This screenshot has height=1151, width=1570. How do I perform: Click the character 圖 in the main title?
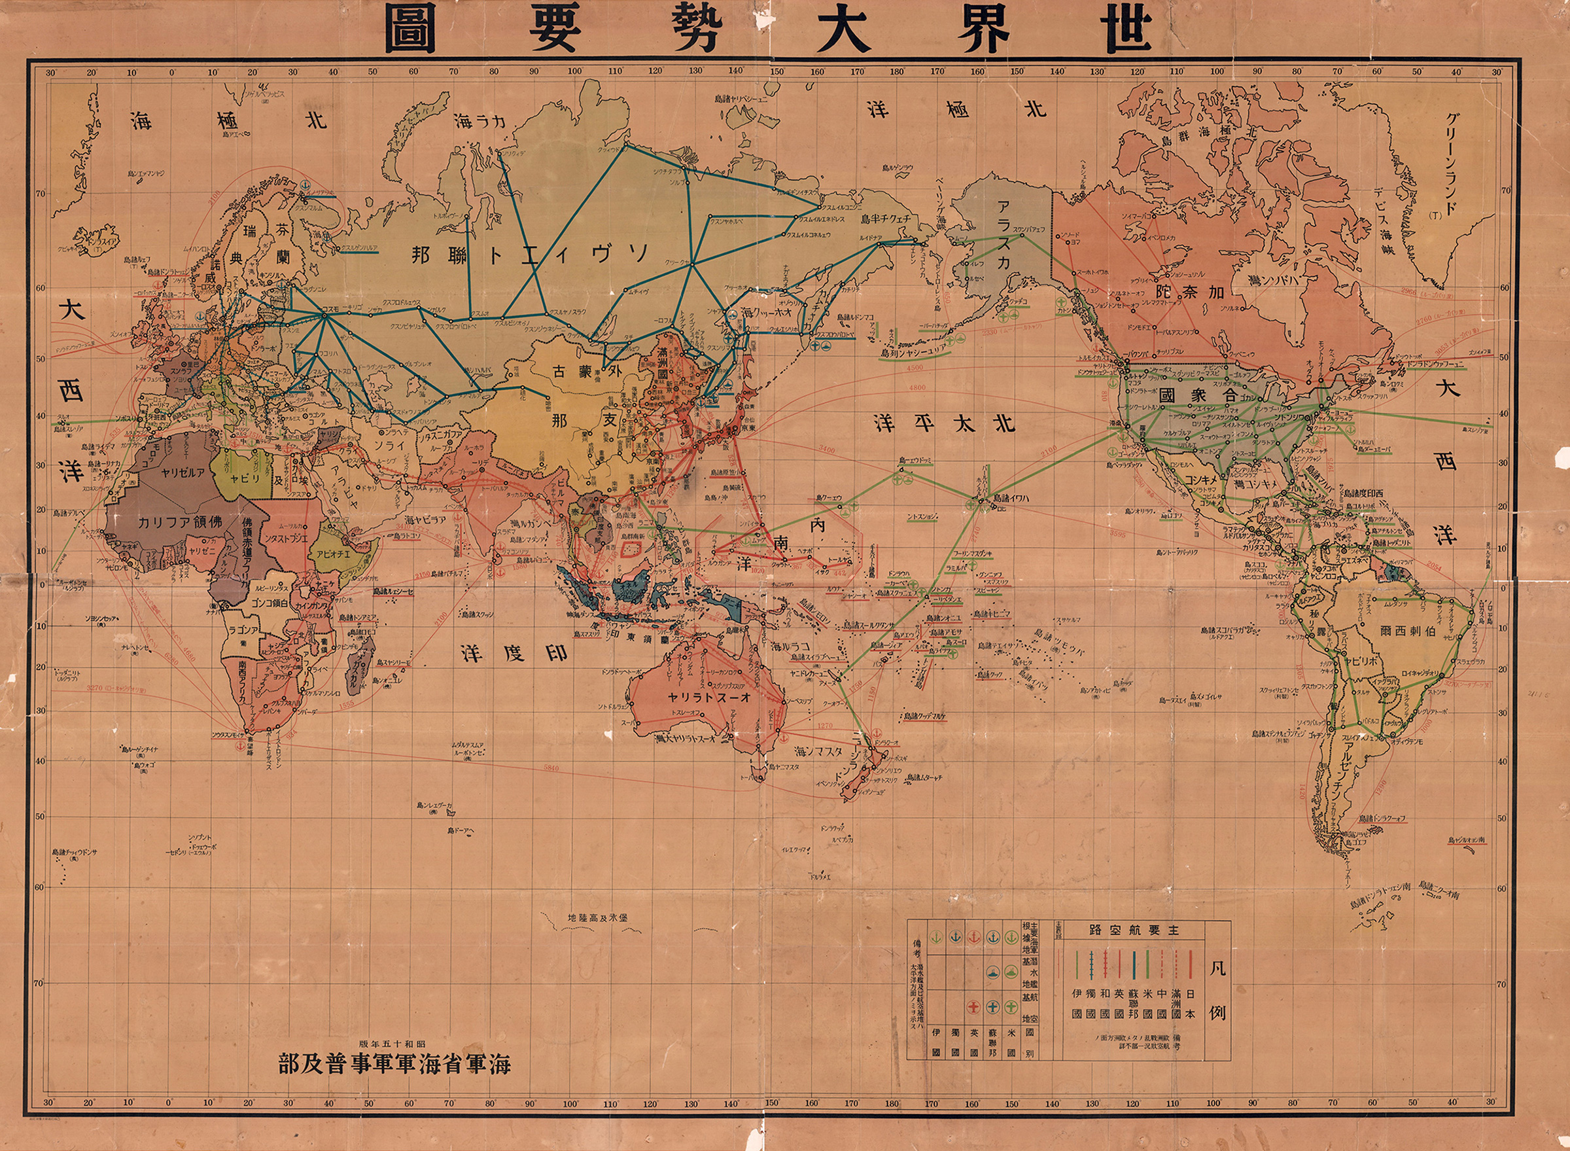410,31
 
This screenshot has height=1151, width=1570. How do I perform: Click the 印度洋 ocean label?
514,653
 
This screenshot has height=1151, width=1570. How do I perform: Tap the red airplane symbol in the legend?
974,1007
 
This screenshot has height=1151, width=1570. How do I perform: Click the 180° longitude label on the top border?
897,71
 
